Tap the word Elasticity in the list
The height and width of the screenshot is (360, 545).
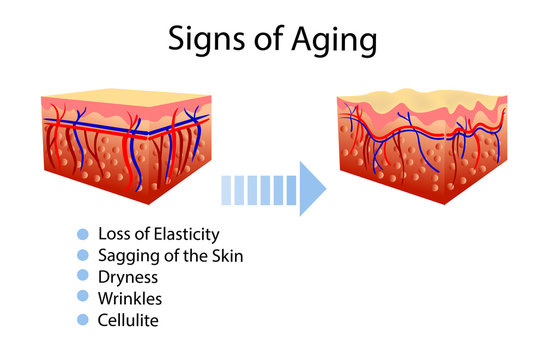183,234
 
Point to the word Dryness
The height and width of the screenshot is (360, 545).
126,277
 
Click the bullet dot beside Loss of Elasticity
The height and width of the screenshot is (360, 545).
83,234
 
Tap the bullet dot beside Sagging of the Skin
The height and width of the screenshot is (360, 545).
83,256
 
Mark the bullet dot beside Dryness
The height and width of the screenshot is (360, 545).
83,277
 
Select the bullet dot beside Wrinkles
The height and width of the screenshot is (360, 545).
83,298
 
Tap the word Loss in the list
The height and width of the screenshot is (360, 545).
114,234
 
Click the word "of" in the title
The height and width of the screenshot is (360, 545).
266,43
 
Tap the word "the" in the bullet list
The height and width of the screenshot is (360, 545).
192,256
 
